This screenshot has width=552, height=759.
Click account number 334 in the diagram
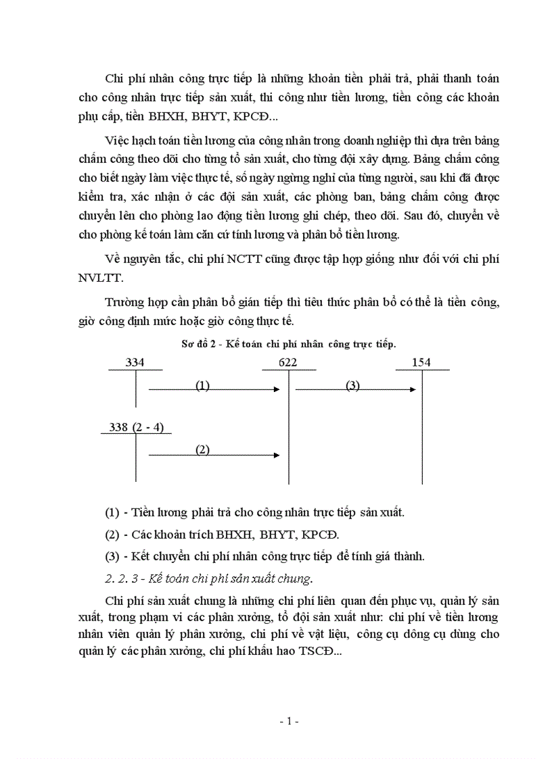[x=135, y=363]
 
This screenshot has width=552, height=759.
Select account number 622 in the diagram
[x=287, y=363]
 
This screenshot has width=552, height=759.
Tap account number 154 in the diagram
[x=421, y=363]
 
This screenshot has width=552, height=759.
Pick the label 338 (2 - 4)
[x=136, y=427]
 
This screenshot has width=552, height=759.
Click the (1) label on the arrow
[x=202, y=385]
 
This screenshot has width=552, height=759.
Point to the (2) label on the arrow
[x=202, y=449]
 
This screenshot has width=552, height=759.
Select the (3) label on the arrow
[x=352, y=385]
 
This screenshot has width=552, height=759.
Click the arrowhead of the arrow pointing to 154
[x=413, y=389]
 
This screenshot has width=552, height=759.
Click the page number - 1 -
[x=289, y=721]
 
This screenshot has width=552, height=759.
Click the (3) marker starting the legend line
[x=112, y=557]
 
